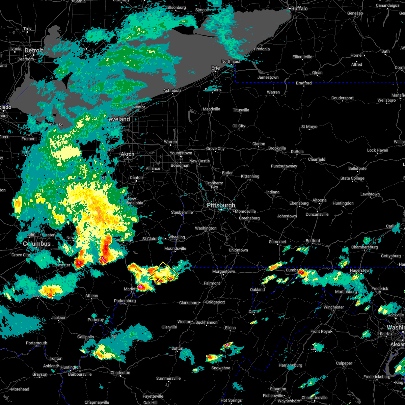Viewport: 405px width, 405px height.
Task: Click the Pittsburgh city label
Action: (x=221, y=205)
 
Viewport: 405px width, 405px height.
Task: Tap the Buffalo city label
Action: (x=299, y=8)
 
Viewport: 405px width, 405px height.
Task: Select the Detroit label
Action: (x=34, y=51)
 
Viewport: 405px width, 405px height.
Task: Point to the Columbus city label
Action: (x=36, y=244)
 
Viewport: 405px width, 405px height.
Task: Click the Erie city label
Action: (x=215, y=68)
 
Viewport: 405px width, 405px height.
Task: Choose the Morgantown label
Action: (x=223, y=271)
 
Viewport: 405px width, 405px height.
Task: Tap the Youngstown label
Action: (x=181, y=153)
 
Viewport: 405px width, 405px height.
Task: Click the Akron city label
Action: (x=127, y=154)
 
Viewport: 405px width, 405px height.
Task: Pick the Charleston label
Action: (x=120, y=373)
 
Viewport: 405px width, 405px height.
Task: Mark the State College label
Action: (x=352, y=178)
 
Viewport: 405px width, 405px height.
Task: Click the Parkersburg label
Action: (x=125, y=301)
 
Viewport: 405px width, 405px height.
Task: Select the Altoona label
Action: (x=319, y=200)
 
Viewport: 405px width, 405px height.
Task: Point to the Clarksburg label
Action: (x=189, y=303)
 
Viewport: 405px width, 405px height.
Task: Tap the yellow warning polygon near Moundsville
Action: (x=164, y=272)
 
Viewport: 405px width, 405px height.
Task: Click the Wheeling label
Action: (x=177, y=237)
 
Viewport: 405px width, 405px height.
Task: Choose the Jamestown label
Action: (x=268, y=77)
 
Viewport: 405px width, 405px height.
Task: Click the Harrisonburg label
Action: (x=290, y=365)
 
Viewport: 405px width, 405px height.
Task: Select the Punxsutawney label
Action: (x=284, y=166)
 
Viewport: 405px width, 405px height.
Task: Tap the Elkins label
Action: (x=230, y=328)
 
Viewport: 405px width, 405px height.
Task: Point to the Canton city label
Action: (x=136, y=178)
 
